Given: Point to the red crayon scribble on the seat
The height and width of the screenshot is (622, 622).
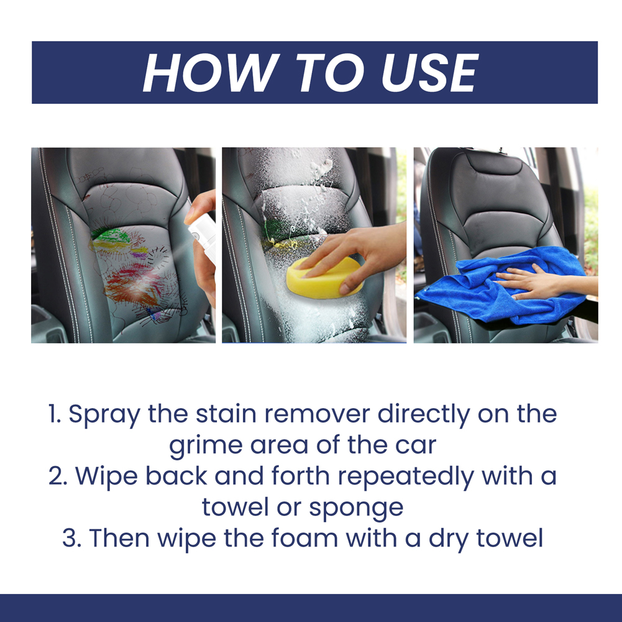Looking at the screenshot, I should click(127, 286).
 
